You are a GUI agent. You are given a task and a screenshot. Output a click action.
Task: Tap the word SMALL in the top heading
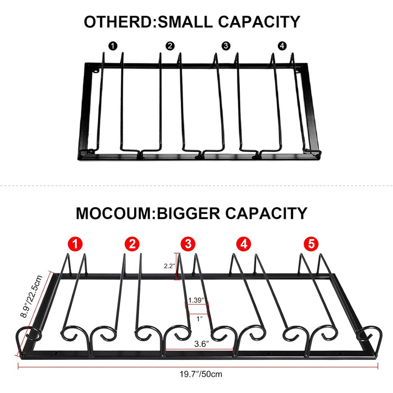tap(185, 22)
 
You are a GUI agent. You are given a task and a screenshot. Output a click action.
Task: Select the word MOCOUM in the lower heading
tap(114, 213)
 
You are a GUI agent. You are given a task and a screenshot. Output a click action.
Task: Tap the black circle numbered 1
tap(113, 46)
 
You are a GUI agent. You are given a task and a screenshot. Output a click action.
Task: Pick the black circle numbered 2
tap(170, 46)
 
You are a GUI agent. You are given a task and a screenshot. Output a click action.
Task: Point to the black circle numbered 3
tap(226, 46)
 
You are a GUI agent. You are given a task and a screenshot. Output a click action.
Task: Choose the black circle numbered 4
tap(282, 46)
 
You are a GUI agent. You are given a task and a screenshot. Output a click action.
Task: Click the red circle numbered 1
tap(75, 244)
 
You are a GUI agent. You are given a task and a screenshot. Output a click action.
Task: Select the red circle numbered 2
tap(132, 244)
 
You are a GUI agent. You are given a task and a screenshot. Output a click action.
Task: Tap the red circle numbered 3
tap(188, 244)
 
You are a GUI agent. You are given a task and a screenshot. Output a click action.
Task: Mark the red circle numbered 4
tap(244, 244)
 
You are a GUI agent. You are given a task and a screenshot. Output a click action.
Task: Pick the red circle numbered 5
tap(311, 244)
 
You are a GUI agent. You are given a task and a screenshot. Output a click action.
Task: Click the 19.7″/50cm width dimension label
tap(201, 374)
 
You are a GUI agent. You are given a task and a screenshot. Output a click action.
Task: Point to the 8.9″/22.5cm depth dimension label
tap(31, 296)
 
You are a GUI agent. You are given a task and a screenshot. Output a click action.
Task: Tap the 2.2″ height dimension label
tap(170, 266)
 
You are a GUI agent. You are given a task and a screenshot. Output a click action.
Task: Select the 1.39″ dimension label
tap(196, 300)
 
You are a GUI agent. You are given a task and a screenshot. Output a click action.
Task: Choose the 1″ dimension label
tap(199, 319)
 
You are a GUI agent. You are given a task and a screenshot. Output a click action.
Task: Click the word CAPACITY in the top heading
tap(259, 22)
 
